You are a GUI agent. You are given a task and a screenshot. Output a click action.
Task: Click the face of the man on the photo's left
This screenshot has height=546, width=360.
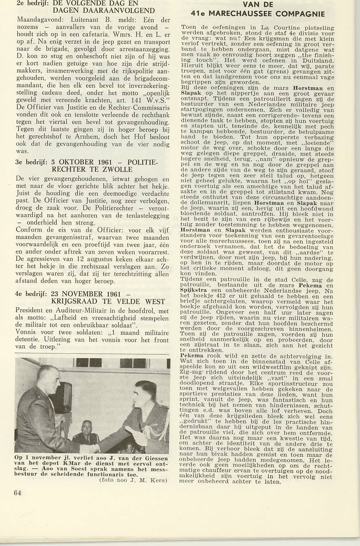tap(50, 380)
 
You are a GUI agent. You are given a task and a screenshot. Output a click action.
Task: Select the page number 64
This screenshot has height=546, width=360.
tap(17, 493)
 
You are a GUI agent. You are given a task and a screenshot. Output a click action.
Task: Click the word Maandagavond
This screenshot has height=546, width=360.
tap(39, 20)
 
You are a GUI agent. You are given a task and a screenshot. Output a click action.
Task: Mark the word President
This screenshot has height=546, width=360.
tap(30, 311)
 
